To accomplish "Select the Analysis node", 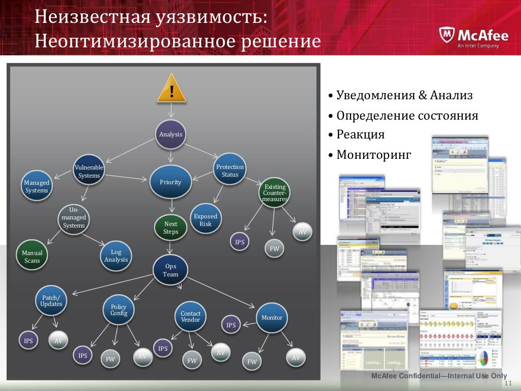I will tap(170, 134).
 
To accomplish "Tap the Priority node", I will tap(170, 182).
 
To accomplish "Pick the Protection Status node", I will tap(230, 171).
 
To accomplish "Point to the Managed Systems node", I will tap(37, 186).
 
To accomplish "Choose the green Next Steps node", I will tap(170, 228).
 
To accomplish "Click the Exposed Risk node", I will tap(206, 219).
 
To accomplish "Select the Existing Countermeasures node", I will tap(275, 193).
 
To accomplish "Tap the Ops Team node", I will tap(170, 270).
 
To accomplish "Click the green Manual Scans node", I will tap(32, 256).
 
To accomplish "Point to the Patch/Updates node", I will tap(51, 300).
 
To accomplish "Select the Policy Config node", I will tap(119, 310).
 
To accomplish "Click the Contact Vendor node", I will tap(191, 317).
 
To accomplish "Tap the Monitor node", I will tap(272, 318).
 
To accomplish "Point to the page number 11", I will tap(507, 383).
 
